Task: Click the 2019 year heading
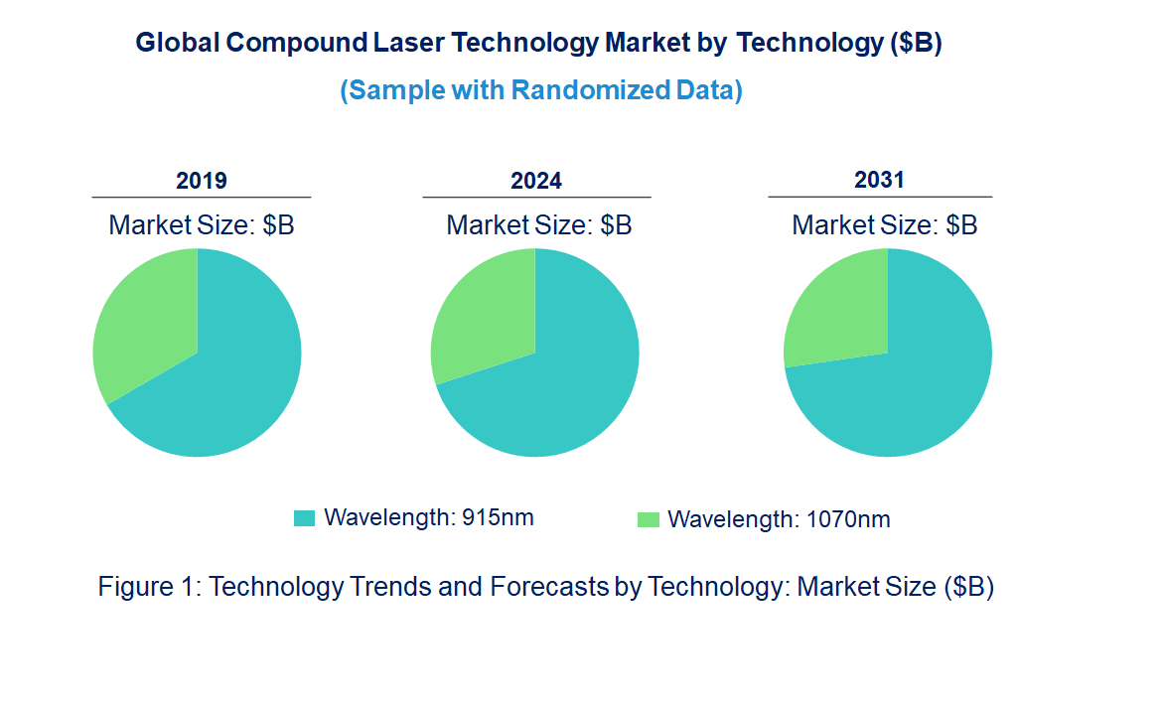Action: coord(202,181)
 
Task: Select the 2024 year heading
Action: coord(536,181)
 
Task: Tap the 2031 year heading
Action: coord(880,180)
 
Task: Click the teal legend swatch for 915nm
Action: coord(305,517)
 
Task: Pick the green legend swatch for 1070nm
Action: coord(649,519)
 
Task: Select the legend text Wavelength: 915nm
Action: coord(429,517)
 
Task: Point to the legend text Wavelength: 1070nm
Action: coord(779,519)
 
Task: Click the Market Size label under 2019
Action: coord(202,225)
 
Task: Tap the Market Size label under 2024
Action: coord(539,225)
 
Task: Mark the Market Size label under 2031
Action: coord(885,225)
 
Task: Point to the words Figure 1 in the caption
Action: coord(149,587)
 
